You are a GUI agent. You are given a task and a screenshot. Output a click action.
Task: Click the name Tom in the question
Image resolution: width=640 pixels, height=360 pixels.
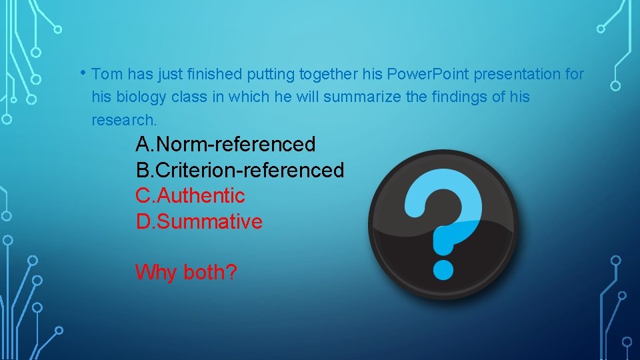[x=107, y=73]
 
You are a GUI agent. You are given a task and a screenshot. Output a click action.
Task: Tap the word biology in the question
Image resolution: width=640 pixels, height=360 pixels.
[x=140, y=97]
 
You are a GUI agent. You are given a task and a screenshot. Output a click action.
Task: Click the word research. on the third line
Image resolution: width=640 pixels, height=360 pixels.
[x=125, y=120]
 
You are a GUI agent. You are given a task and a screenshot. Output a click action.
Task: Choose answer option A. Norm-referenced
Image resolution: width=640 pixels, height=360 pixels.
[x=225, y=143]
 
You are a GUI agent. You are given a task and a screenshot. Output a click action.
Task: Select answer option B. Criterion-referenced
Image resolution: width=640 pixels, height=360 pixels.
[x=240, y=170]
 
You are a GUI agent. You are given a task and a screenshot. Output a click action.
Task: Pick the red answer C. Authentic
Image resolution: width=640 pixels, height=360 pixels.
[x=191, y=196]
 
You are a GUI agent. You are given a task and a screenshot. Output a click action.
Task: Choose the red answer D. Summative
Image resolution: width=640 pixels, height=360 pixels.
[x=199, y=222]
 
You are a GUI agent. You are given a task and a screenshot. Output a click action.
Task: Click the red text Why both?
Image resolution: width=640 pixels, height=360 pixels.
[x=186, y=272]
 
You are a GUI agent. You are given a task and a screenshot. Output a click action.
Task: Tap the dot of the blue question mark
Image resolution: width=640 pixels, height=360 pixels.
[x=443, y=268]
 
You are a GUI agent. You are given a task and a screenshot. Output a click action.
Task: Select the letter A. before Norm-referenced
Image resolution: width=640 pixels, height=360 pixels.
[x=145, y=143]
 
